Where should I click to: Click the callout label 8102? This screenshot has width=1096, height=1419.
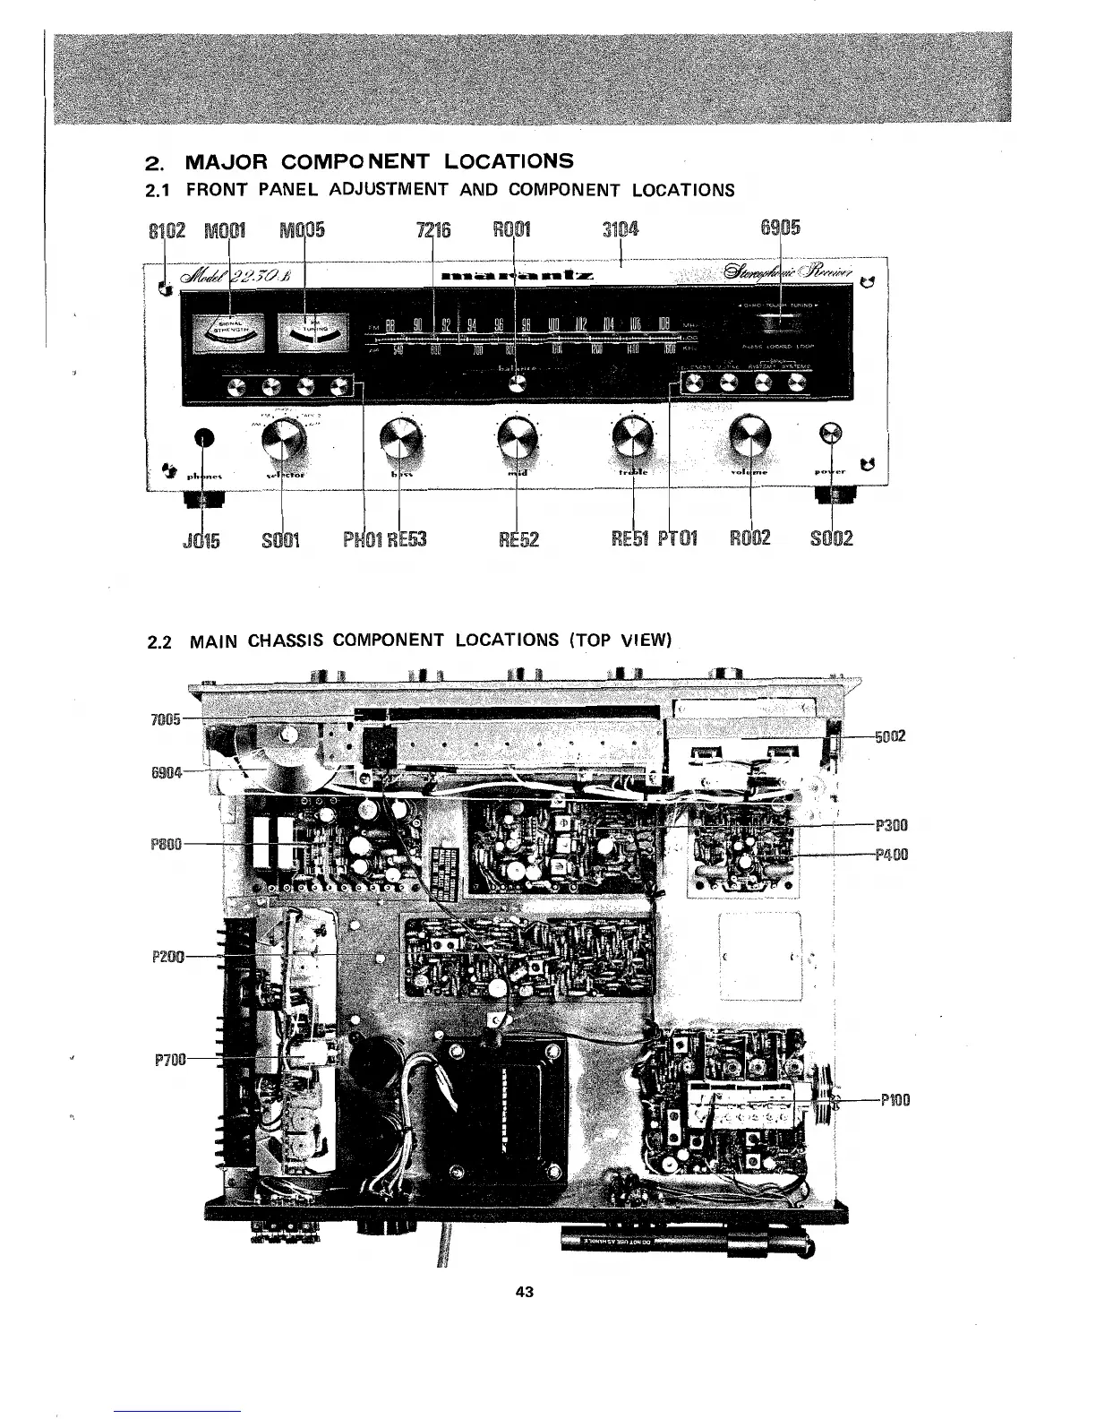[166, 229]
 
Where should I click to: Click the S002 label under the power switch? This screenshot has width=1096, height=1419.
[831, 538]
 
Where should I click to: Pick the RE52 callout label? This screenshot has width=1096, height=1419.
[519, 539]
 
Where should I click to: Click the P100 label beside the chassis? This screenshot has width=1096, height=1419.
[895, 1100]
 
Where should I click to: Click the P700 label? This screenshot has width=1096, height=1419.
[169, 1061]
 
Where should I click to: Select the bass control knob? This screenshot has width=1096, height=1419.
[398, 438]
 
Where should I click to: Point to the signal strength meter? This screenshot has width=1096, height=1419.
[230, 334]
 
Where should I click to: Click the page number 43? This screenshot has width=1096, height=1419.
[526, 1292]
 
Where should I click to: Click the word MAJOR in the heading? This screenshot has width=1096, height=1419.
[227, 162]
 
